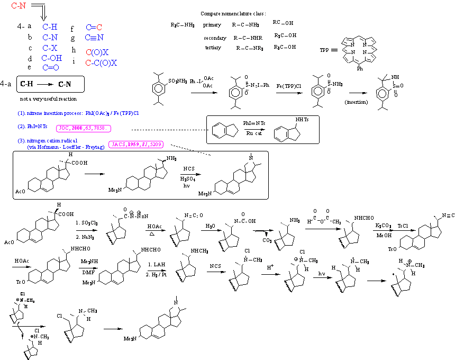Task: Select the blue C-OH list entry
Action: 52,58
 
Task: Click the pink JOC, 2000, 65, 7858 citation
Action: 85,128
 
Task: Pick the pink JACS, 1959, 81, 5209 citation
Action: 136,144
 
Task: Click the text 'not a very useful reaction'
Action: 48,99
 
